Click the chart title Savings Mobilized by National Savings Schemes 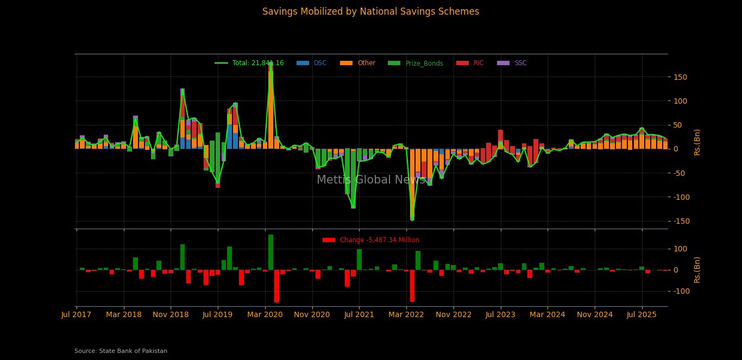coord(370,11)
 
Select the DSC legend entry coord(320,63)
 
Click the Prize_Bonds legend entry coord(424,64)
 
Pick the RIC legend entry coord(478,63)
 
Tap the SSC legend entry coord(520,63)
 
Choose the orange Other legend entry coord(366,63)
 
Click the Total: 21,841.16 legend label coord(257,63)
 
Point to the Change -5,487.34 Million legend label coord(379,240)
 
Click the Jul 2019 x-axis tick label coord(218,314)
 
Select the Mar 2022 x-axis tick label coord(406,314)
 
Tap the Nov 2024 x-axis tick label coord(595,314)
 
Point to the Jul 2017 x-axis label coord(76,314)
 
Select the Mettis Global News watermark coord(371,180)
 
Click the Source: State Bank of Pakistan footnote coord(121,351)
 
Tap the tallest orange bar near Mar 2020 coord(271,109)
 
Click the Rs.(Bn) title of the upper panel coord(697,142)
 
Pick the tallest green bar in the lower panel coord(271,252)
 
